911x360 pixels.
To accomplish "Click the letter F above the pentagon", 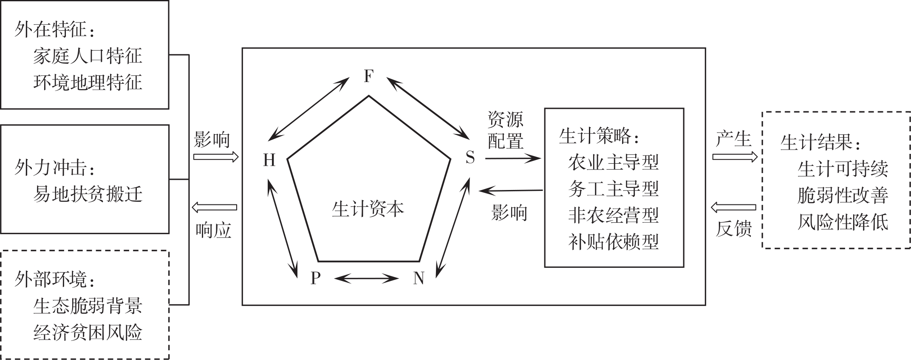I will coord(368,77).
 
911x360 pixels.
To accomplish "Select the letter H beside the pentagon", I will coord(269,160).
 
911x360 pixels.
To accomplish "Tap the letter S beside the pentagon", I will coord(470,158).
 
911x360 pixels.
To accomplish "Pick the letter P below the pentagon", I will coord(315,278).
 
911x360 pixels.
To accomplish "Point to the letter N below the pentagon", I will coord(419,278).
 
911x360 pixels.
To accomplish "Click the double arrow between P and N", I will coord(367,279).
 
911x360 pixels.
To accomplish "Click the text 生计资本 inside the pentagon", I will coord(368,209).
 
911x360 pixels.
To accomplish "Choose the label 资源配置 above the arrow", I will coord(505,130).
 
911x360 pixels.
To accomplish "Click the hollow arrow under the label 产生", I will coord(735,157).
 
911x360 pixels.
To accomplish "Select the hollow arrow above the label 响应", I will coord(214,207).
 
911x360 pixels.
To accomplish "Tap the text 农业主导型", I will coord(613,162).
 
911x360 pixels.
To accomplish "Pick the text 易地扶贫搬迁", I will coord(88,194).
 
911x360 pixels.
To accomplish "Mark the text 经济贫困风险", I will coord(88,332).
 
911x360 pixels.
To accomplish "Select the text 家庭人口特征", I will coord(88,56).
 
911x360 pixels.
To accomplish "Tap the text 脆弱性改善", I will coord(843,196).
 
